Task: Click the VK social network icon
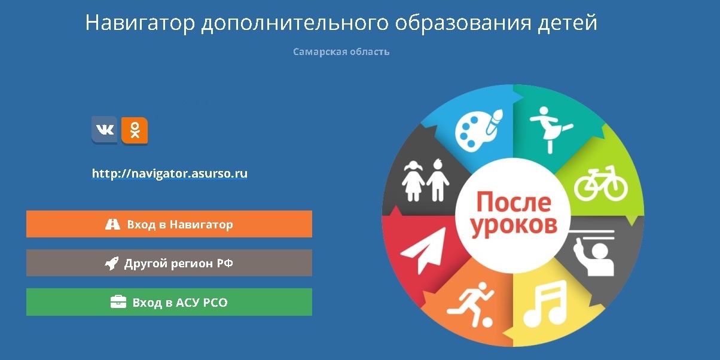point(105,130)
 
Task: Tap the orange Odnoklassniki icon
point(135,130)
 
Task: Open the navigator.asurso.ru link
point(170,173)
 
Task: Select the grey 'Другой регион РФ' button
point(169,263)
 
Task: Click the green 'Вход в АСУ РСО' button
point(169,302)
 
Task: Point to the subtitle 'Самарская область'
point(341,52)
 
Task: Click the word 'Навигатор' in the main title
point(140,23)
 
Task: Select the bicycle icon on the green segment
point(601,184)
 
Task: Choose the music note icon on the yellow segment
point(545,304)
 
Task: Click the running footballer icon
point(470,305)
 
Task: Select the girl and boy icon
point(425,181)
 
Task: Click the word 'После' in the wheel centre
point(514,202)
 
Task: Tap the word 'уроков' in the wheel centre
point(514,226)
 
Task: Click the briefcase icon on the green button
point(118,301)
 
